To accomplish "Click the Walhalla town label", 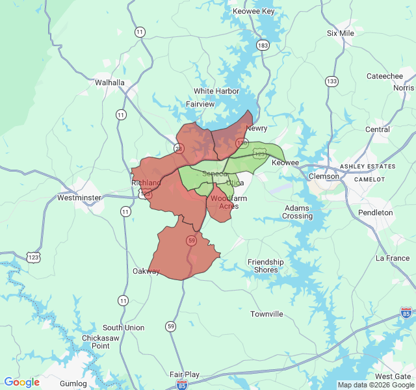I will pyautogui.click(x=109, y=83).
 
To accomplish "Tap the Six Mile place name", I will pyautogui.click(x=341, y=33).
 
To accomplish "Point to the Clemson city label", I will pyautogui.click(x=324, y=176).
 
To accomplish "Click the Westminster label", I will pyautogui.click(x=79, y=198).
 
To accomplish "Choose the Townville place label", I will pyautogui.click(x=266, y=314).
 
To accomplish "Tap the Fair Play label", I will pyautogui.click(x=185, y=374).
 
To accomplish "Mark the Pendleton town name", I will pyautogui.click(x=375, y=213).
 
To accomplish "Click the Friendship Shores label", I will pyautogui.click(x=266, y=266).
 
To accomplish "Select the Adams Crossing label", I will pyautogui.click(x=298, y=212).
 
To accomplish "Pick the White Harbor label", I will pyautogui.click(x=216, y=91).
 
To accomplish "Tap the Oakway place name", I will pyautogui.click(x=146, y=271).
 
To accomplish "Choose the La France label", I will pyautogui.click(x=393, y=258).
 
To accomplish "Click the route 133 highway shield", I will pyautogui.click(x=332, y=81).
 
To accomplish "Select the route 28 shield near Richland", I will pyautogui.click(x=179, y=148).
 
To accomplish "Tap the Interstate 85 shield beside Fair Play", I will pyautogui.click(x=181, y=385).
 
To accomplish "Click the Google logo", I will pyautogui.click(x=21, y=382).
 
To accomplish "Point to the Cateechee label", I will pyautogui.click(x=385, y=76).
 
